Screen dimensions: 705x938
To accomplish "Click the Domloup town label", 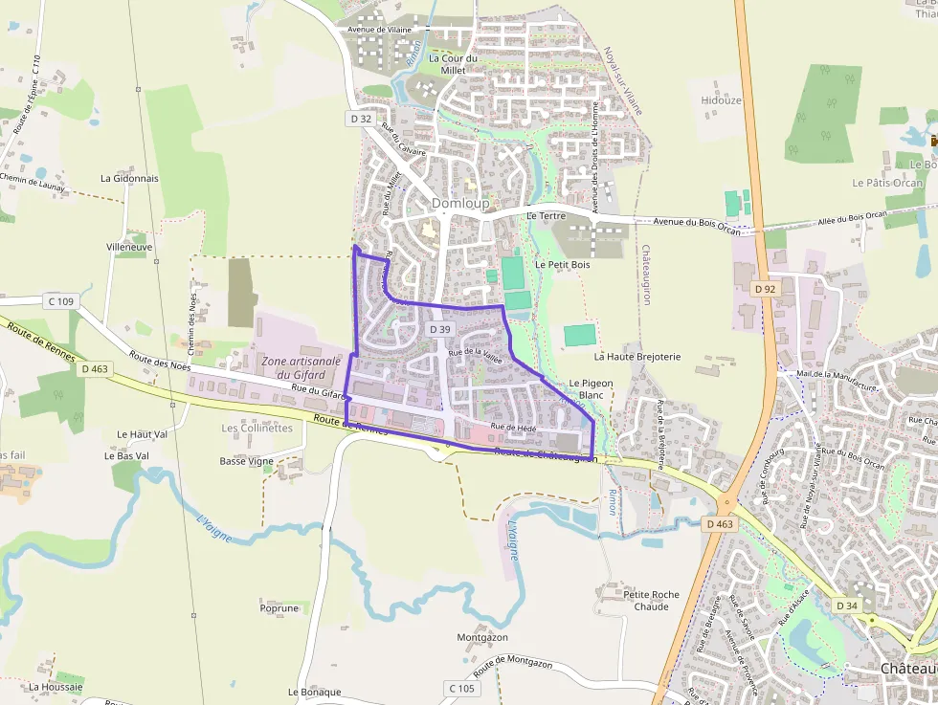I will point(459,203).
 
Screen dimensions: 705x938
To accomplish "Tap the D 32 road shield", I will point(360,119).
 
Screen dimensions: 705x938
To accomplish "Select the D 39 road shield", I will point(439,329).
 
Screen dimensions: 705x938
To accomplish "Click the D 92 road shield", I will point(764,289).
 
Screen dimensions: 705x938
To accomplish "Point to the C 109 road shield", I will point(59,301).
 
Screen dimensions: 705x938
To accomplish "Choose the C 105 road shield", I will point(460,689).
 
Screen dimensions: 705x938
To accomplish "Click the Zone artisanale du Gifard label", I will point(295,367).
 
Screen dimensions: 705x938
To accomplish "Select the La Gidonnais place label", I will point(129,179).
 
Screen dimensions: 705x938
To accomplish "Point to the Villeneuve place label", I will point(129,247).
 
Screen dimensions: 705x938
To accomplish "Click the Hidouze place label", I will point(721,99).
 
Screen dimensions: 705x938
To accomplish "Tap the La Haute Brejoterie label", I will point(637,357).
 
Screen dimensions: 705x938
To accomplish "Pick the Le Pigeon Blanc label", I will point(591,388).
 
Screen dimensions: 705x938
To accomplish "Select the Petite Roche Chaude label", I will point(651,600).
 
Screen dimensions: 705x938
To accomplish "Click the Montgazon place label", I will point(482,637).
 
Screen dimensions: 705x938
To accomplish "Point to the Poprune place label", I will point(279,607).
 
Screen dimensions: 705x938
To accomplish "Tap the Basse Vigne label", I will point(246,461).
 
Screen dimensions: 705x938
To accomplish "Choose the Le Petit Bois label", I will point(562,264).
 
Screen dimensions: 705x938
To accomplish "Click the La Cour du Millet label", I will point(453,64).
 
